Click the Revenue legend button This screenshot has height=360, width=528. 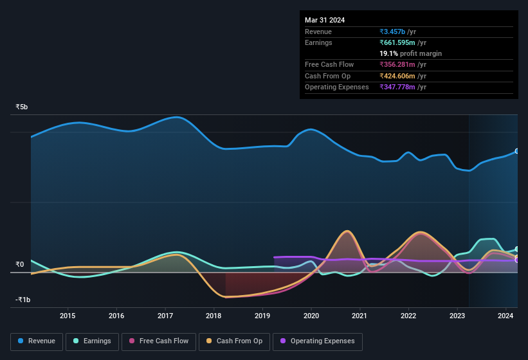(37, 341)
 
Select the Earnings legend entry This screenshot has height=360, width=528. (92, 341)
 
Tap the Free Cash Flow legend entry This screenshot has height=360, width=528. (158, 341)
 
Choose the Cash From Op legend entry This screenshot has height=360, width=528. (235, 341)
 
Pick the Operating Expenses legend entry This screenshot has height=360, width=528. (317, 341)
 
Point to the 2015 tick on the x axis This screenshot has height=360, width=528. (68, 316)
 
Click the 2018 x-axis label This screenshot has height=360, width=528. (214, 316)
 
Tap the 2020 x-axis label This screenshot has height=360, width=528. (311, 316)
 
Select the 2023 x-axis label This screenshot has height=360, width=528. (457, 316)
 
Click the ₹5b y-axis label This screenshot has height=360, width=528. (22, 107)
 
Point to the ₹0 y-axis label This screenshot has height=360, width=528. (20, 264)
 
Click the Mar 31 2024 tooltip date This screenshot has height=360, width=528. (325, 20)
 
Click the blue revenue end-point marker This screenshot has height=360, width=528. (517, 151)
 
